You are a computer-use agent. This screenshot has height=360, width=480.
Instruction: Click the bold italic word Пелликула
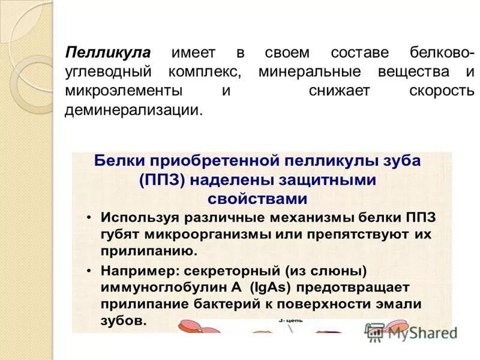tap(107, 53)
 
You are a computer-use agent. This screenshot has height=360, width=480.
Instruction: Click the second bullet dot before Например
tap(88, 272)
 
